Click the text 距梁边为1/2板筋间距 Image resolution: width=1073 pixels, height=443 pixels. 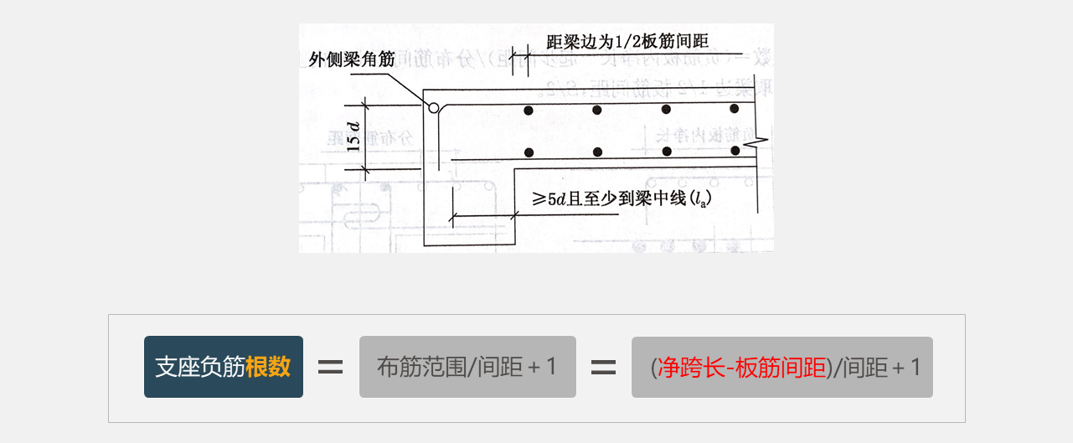coord(627,41)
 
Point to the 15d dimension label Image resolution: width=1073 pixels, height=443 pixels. coord(354,136)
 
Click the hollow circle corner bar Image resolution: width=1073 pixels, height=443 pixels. coord(434,107)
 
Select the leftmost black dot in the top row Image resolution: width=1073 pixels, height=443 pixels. coord(528,111)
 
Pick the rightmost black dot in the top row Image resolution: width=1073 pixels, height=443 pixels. coord(735,109)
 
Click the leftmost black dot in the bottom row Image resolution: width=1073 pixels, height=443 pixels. coord(528,152)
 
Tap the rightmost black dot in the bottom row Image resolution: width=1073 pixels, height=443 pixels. coord(735,151)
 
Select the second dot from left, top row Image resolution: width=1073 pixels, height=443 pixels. coord(597,110)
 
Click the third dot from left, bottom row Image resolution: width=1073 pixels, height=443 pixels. coord(666,152)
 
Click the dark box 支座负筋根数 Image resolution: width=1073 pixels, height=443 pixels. coord(223,367)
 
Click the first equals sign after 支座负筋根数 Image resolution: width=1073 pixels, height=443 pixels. coord(331,367)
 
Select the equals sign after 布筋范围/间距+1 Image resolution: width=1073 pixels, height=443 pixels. coord(604,367)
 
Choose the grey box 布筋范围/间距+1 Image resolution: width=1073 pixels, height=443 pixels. coord(467,367)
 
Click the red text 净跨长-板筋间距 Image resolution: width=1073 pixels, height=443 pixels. coord(741,368)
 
